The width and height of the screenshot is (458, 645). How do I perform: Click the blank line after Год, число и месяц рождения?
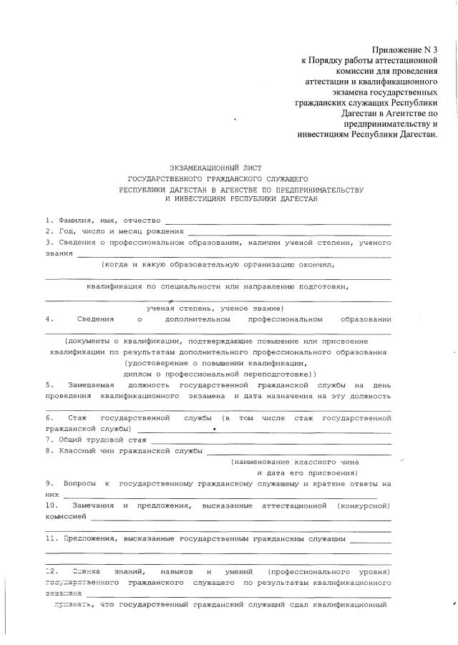(289, 233)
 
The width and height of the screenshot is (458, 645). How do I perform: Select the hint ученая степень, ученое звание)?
(215, 307)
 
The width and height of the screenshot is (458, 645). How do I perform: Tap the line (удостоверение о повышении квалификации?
(215, 363)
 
